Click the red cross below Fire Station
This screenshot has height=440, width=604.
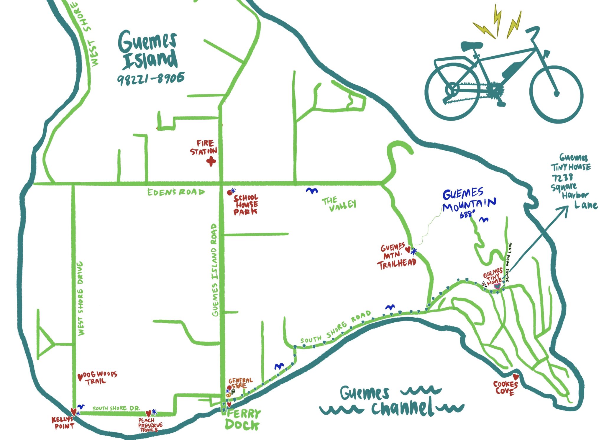211,161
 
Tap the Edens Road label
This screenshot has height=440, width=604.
176,192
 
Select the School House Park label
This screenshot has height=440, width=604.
246,204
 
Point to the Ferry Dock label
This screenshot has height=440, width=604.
243,420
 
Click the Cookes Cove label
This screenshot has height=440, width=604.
505,388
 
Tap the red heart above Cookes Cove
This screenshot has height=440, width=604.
516,377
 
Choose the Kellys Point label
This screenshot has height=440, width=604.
63,423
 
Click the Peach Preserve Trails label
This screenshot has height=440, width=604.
150,425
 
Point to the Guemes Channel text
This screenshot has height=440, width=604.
392,401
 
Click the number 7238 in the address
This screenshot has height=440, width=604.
562,178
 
